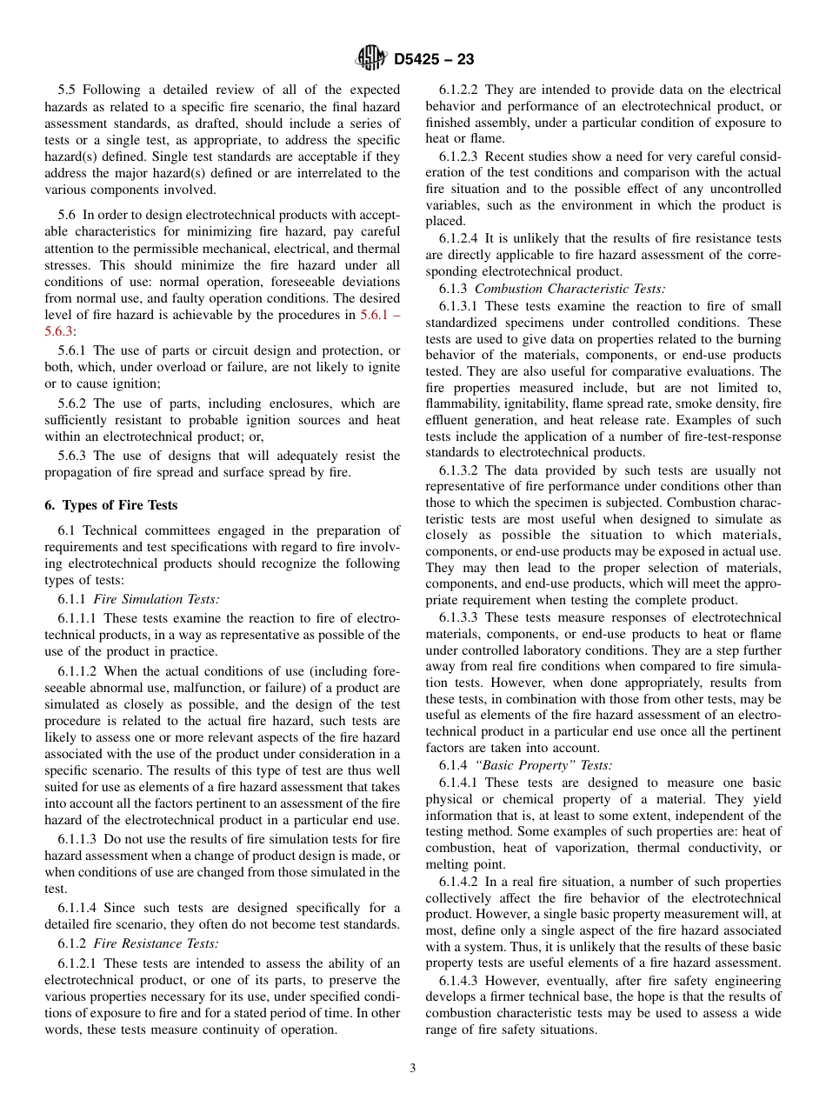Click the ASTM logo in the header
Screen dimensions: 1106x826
coord(371,58)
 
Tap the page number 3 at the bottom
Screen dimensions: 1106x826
coord(413,1068)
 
